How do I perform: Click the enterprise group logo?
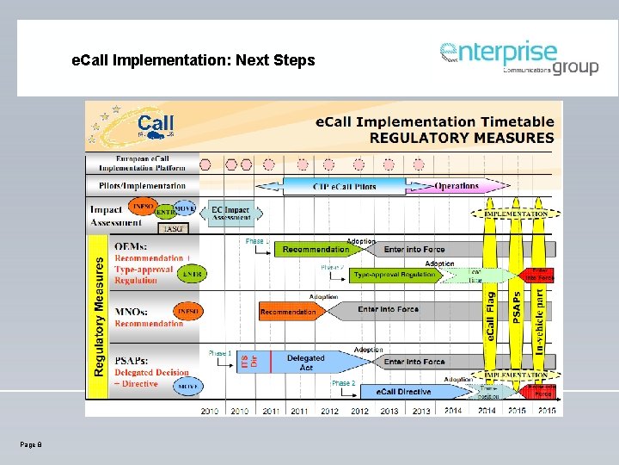click(519, 58)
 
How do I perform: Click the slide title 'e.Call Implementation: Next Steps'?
click(193, 61)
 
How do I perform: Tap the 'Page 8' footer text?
click(30, 443)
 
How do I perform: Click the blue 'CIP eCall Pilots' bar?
click(344, 186)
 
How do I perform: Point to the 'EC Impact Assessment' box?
click(231, 213)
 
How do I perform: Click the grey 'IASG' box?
click(175, 228)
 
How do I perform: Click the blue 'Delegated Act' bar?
click(305, 363)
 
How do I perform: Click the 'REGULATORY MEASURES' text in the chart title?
click(462, 138)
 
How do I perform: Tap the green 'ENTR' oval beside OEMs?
click(193, 274)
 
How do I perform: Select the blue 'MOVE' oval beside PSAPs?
click(188, 387)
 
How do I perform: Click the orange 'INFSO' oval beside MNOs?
click(187, 312)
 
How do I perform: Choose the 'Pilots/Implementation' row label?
click(143, 185)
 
